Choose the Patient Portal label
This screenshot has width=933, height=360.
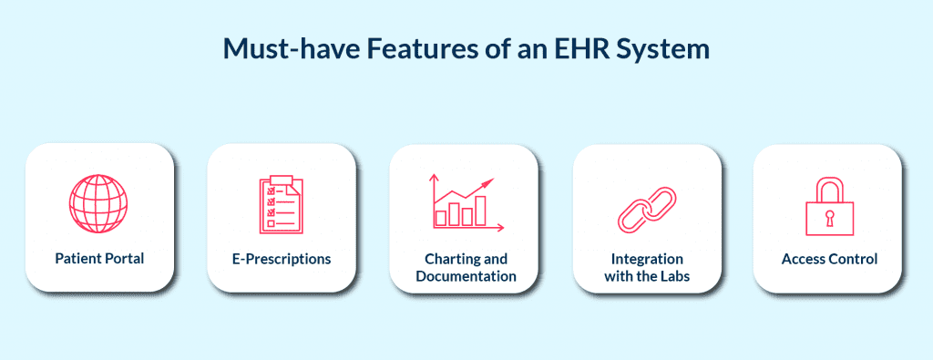tap(99, 260)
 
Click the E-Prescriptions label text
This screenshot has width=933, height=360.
tap(281, 260)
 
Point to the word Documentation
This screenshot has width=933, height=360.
tap(466, 276)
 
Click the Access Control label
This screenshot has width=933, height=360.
tap(829, 260)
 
